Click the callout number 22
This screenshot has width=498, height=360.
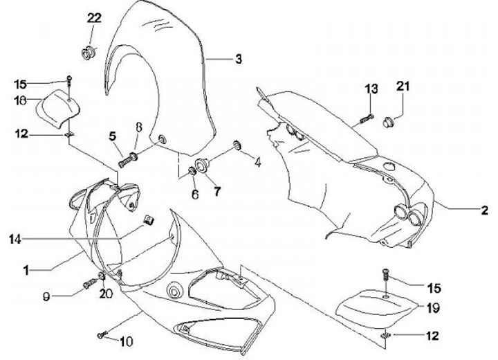pyautogui.click(x=94, y=19)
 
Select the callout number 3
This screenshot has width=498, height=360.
pyautogui.click(x=238, y=60)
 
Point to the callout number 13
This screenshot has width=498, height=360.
pyautogui.click(x=372, y=88)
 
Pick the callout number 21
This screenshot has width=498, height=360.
pyautogui.click(x=403, y=86)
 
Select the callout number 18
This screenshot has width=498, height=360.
pyautogui.click(x=20, y=101)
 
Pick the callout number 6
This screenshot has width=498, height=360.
pyautogui.click(x=195, y=195)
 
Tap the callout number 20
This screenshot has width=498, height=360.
pyautogui.click(x=106, y=294)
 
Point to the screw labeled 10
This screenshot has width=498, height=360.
pyautogui.click(x=102, y=335)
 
